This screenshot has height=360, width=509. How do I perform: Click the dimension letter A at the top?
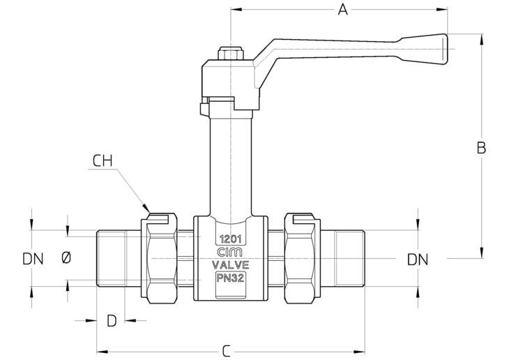pyautogui.click(x=343, y=10)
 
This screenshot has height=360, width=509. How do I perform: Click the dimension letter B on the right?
pyautogui.click(x=481, y=148)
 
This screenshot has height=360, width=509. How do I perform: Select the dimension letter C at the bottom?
pyautogui.click(x=226, y=351)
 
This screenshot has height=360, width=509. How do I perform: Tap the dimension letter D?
pyautogui.click(x=112, y=321)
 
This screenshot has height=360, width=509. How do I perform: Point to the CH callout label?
pyautogui.click(x=102, y=161)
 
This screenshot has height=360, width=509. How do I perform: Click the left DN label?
pyautogui.click(x=33, y=259)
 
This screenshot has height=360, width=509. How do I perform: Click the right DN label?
pyautogui.click(x=418, y=260)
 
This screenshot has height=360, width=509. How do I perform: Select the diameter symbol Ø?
pyautogui.click(x=66, y=258)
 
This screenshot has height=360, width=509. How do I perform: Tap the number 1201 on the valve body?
pyautogui.click(x=231, y=239)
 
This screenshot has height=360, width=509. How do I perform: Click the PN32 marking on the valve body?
pyautogui.click(x=231, y=278)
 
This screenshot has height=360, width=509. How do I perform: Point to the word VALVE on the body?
pyautogui.click(x=231, y=265)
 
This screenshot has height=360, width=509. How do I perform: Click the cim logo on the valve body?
pyautogui.click(x=229, y=253)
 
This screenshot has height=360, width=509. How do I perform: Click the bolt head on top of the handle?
pyautogui.click(x=231, y=53)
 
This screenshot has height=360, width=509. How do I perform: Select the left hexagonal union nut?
pyautogui.click(x=159, y=258)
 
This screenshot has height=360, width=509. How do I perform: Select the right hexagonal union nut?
pyautogui.click(x=303, y=258)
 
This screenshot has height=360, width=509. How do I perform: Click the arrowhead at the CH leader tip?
pyautogui.click(x=146, y=209)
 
